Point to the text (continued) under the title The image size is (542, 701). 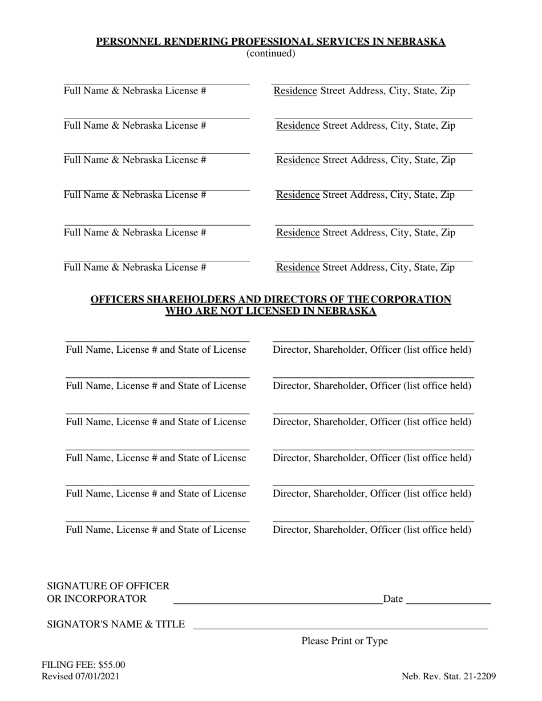(270, 54)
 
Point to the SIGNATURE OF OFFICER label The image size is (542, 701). (108, 586)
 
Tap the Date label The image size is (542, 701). (393, 598)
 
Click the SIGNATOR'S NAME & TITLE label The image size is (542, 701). (116, 624)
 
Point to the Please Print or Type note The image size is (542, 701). (345, 641)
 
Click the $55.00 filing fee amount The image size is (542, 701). (112, 665)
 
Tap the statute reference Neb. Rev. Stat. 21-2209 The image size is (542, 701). (448, 677)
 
